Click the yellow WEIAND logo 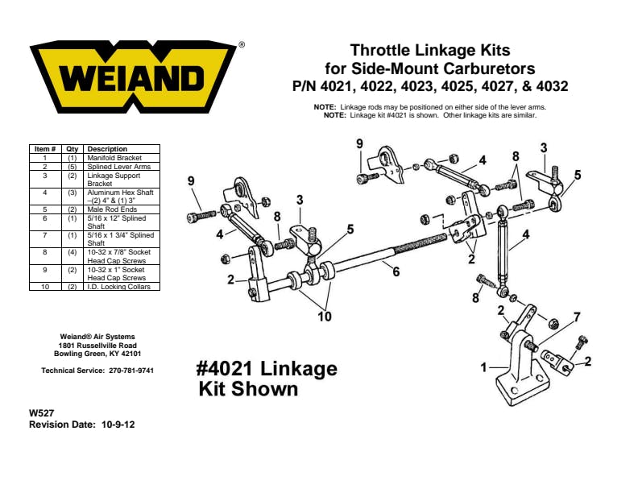[133, 77]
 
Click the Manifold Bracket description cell [114, 158]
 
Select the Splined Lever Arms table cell [118, 167]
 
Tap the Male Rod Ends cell [112, 209]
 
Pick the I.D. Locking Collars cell [118, 286]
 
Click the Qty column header [72, 149]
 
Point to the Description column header [107, 149]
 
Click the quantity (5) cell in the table [72, 167]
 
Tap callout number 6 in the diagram [396, 271]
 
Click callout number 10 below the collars [325, 316]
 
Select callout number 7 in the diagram [577, 317]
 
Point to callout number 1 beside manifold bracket [483, 367]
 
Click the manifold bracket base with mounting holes [524, 387]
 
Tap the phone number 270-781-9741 [131, 371]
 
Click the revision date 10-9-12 [118, 425]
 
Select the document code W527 [42, 413]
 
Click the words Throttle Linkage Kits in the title [430, 51]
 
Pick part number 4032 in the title [552, 86]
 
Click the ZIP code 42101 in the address [131, 354]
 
